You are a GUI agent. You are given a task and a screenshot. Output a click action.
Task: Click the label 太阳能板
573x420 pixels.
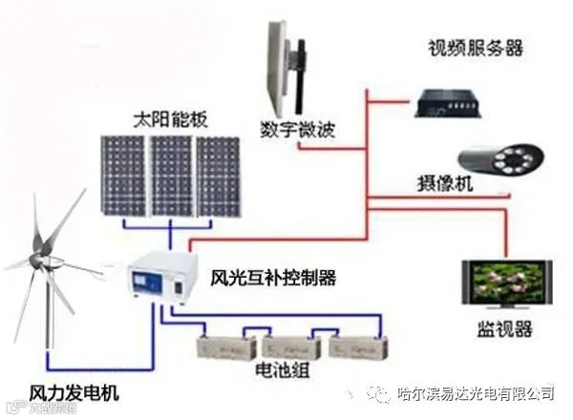click(169, 121)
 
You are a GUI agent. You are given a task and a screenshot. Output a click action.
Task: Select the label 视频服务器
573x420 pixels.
click(475, 48)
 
